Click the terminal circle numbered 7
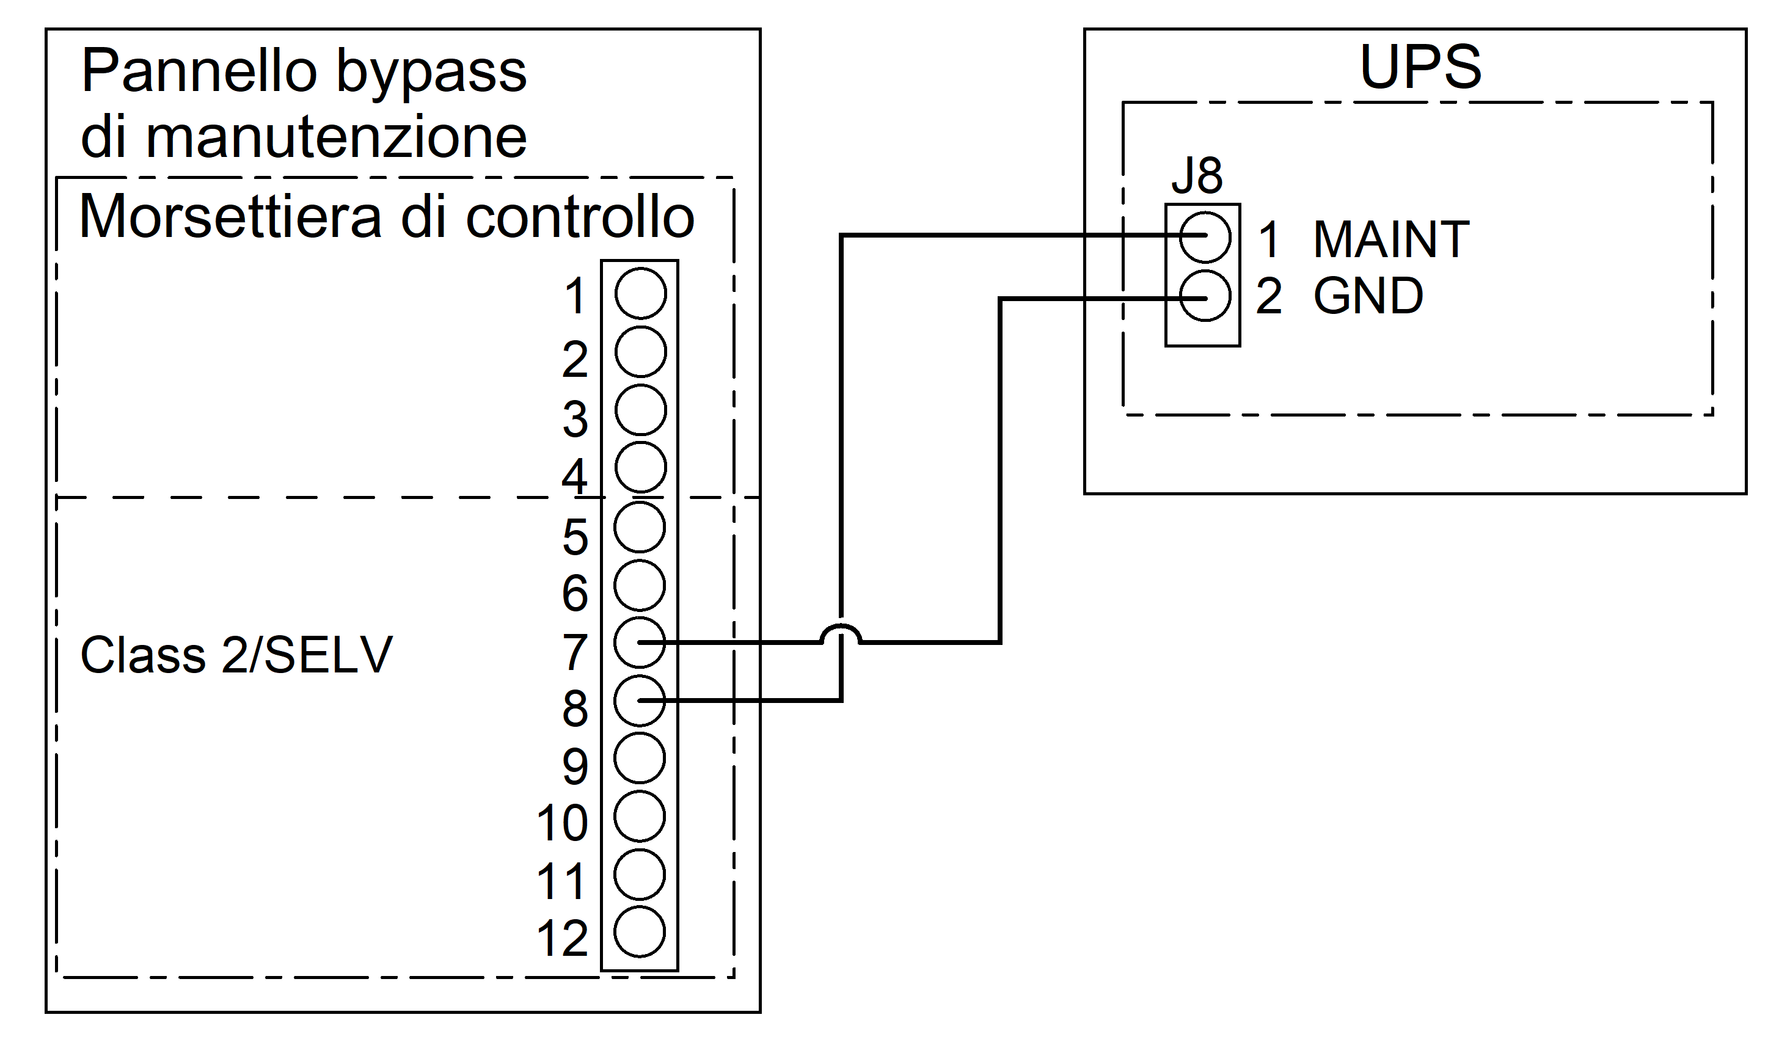[x=640, y=643]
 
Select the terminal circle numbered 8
[x=640, y=701]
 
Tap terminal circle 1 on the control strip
[x=641, y=293]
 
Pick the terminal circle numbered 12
[x=640, y=932]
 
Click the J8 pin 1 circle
[x=1204, y=236]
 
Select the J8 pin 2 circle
[x=1204, y=297]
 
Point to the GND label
[x=1368, y=296]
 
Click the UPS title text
[x=1420, y=68]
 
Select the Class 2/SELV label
[x=236, y=655]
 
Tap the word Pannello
[x=199, y=71]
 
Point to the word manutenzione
[x=336, y=137]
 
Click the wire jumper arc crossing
[x=841, y=632]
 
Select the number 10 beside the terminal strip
[x=561, y=824]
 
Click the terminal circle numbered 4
[x=641, y=467]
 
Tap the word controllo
[x=579, y=216]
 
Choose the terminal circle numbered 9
[x=640, y=759]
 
